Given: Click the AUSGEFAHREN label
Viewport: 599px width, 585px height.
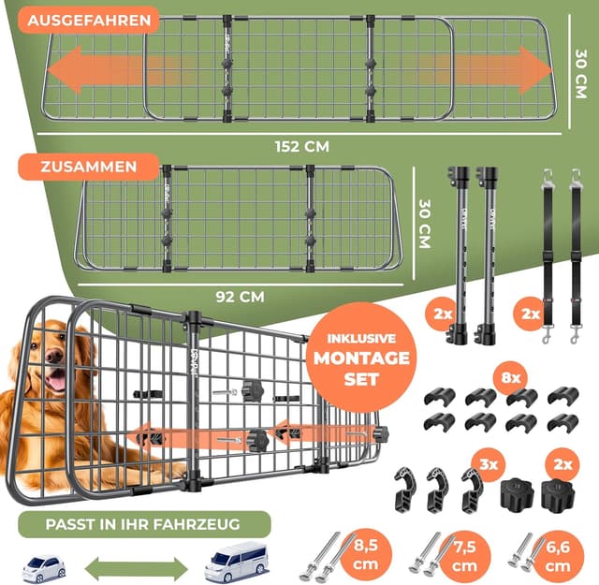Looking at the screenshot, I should [81, 20].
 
